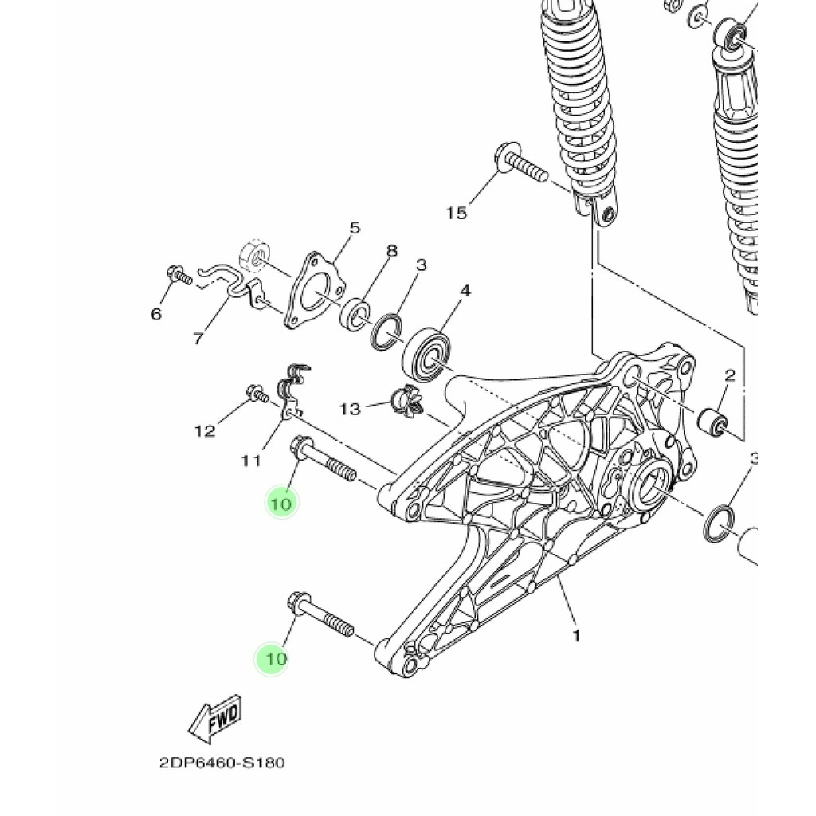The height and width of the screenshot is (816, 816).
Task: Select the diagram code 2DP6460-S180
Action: point(222,763)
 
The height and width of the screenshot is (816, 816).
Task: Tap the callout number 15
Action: point(456,213)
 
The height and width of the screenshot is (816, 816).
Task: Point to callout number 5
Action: point(355,229)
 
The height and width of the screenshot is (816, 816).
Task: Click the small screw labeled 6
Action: point(179,276)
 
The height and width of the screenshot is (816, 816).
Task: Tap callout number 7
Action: point(198,338)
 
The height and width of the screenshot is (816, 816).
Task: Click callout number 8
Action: point(391,251)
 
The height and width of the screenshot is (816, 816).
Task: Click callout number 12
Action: point(205,431)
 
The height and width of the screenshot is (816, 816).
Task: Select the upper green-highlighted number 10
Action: point(281,503)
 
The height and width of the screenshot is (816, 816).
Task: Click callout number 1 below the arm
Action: point(575,636)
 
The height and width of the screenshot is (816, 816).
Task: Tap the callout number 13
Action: point(350,409)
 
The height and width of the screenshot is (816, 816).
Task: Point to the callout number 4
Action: point(465,291)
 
